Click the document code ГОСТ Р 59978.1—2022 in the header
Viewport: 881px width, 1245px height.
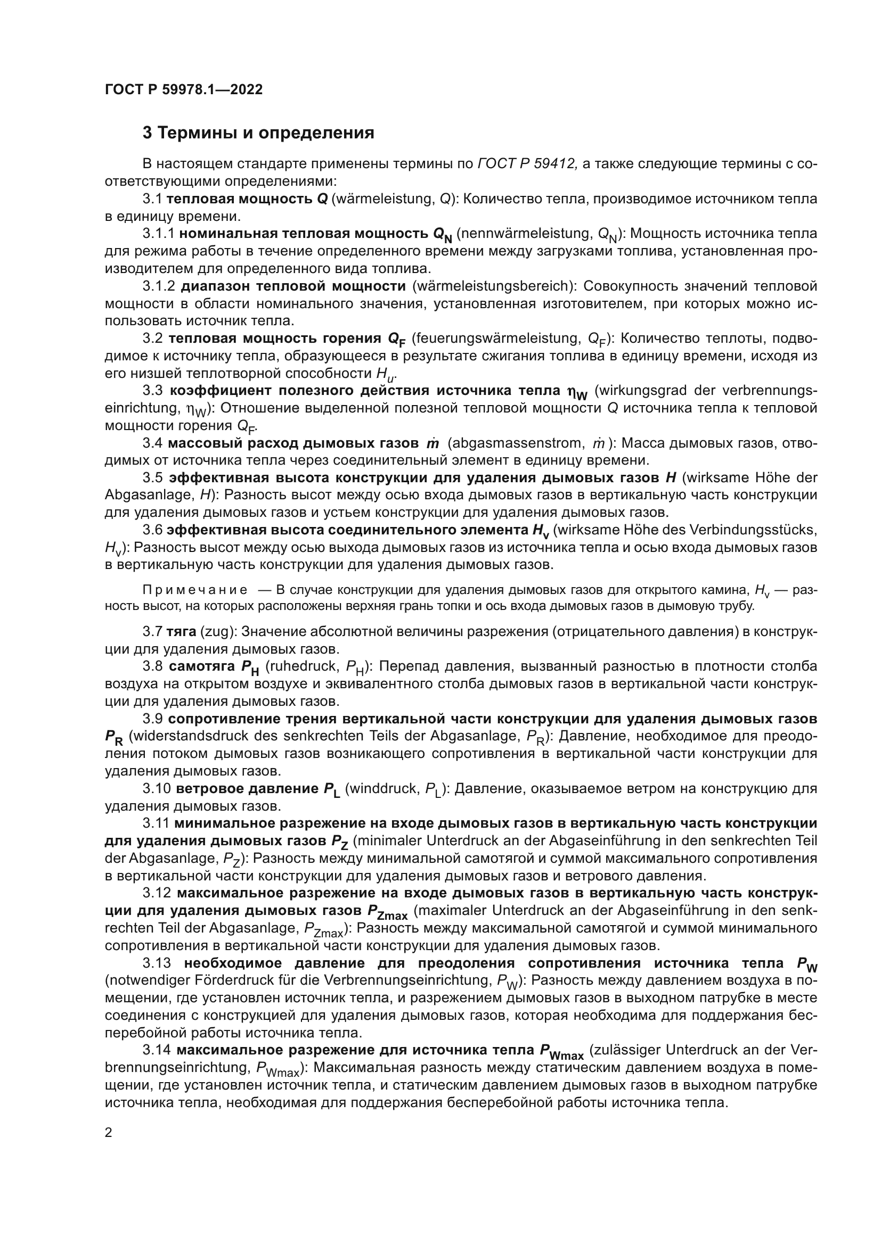[x=183, y=90]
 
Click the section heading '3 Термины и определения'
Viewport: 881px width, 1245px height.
[x=258, y=133]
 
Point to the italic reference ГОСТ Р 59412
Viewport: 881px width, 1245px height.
[x=527, y=164]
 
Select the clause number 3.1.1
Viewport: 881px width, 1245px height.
[x=158, y=234]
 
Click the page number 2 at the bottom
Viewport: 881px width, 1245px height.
[x=109, y=1132]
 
